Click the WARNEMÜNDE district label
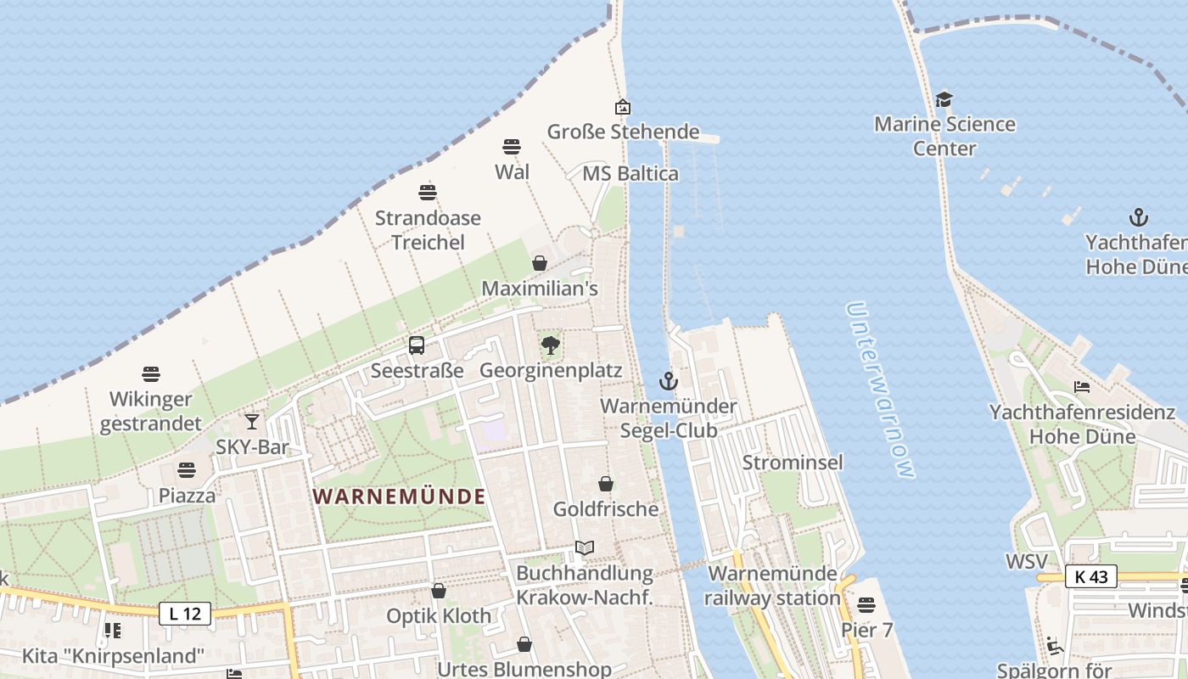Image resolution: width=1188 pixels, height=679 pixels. [x=399, y=497]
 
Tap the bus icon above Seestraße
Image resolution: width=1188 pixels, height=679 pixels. [x=417, y=345]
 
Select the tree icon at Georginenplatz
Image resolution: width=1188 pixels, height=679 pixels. [x=551, y=345]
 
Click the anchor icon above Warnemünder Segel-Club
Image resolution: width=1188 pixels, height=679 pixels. [x=669, y=381]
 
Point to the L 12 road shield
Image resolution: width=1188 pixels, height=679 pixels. [x=185, y=613]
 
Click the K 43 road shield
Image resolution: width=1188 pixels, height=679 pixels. [x=1090, y=576]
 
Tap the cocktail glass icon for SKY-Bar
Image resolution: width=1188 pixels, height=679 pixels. [x=252, y=421]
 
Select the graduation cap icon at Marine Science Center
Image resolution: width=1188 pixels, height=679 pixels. [x=944, y=99]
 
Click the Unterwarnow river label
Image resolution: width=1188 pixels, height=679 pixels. [x=882, y=390]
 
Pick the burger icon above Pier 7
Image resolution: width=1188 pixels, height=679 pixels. [x=866, y=605]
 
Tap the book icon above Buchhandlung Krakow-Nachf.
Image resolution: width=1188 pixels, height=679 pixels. [x=585, y=547]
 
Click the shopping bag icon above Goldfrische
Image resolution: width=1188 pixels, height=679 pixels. [x=606, y=484]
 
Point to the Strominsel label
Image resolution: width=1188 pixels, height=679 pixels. [x=793, y=463]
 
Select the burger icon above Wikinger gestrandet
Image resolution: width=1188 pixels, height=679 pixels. [x=151, y=373]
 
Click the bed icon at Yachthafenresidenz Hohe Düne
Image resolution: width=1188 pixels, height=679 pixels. [x=1082, y=387]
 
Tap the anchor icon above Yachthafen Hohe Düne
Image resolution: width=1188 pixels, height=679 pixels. [x=1138, y=217]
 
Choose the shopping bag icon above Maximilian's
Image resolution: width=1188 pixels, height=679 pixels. [x=540, y=263]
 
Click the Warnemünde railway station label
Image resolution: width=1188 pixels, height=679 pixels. [x=773, y=586]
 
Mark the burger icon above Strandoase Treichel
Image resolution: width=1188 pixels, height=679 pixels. [x=428, y=193]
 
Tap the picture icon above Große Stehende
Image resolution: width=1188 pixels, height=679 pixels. [x=623, y=107]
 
